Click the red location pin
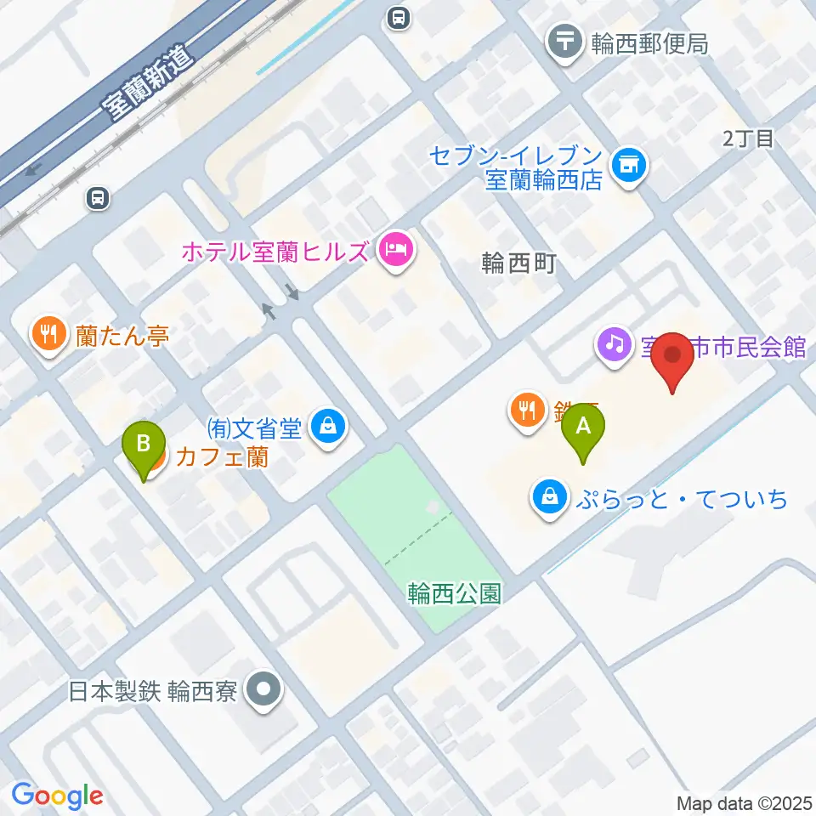click(672, 359)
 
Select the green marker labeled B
click(144, 446)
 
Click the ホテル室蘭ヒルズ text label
click(275, 252)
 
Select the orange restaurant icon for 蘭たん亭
click(49, 334)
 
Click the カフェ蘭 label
click(222, 457)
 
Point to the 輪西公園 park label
click(454, 592)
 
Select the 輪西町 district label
click(518, 263)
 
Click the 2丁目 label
click(748, 139)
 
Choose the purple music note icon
click(615, 344)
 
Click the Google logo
click(57, 796)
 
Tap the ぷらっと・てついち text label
click(681, 498)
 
